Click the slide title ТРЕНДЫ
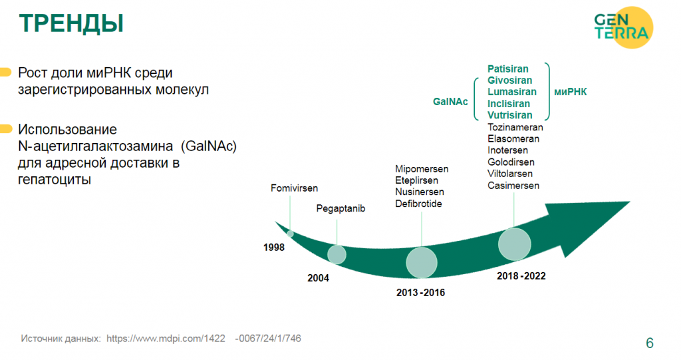tap(71, 23)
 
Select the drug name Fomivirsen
tap(294, 188)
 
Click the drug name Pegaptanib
tap(340, 209)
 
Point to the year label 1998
tap(273, 248)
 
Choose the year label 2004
tap(319, 278)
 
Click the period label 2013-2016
tap(420, 293)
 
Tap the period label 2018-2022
tap(521, 276)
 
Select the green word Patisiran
tap(507, 69)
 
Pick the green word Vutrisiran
tap(509, 115)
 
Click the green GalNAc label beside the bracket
tap(450, 102)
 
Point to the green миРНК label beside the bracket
tap(570, 92)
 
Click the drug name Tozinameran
tap(515, 127)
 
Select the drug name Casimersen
tap(513, 186)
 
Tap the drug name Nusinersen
tap(420, 192)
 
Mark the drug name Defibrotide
tap(418, 204)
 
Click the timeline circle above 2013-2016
tap(422, 263)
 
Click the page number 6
tap(650, 343)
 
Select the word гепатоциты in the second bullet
tap(55, 179)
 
